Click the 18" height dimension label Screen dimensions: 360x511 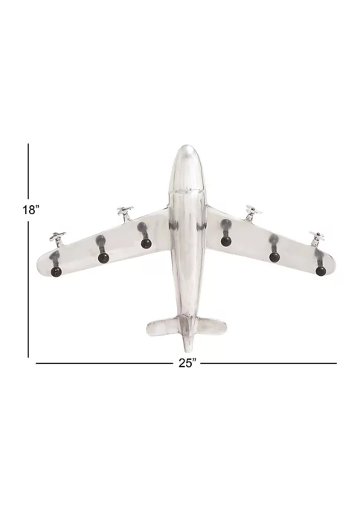[x=31, y=210]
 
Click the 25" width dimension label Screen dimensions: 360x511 [x=187, y=363]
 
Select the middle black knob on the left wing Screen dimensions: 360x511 [x=103, y=258]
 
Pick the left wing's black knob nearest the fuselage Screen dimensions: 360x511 [x=146, y=243]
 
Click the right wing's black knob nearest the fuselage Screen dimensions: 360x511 [x=225, y=242]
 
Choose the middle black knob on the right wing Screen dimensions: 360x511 [x=274, y=257]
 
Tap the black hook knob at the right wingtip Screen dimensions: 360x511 [x=321, y=271]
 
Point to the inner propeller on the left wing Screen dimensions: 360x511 [x=125, y=213]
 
